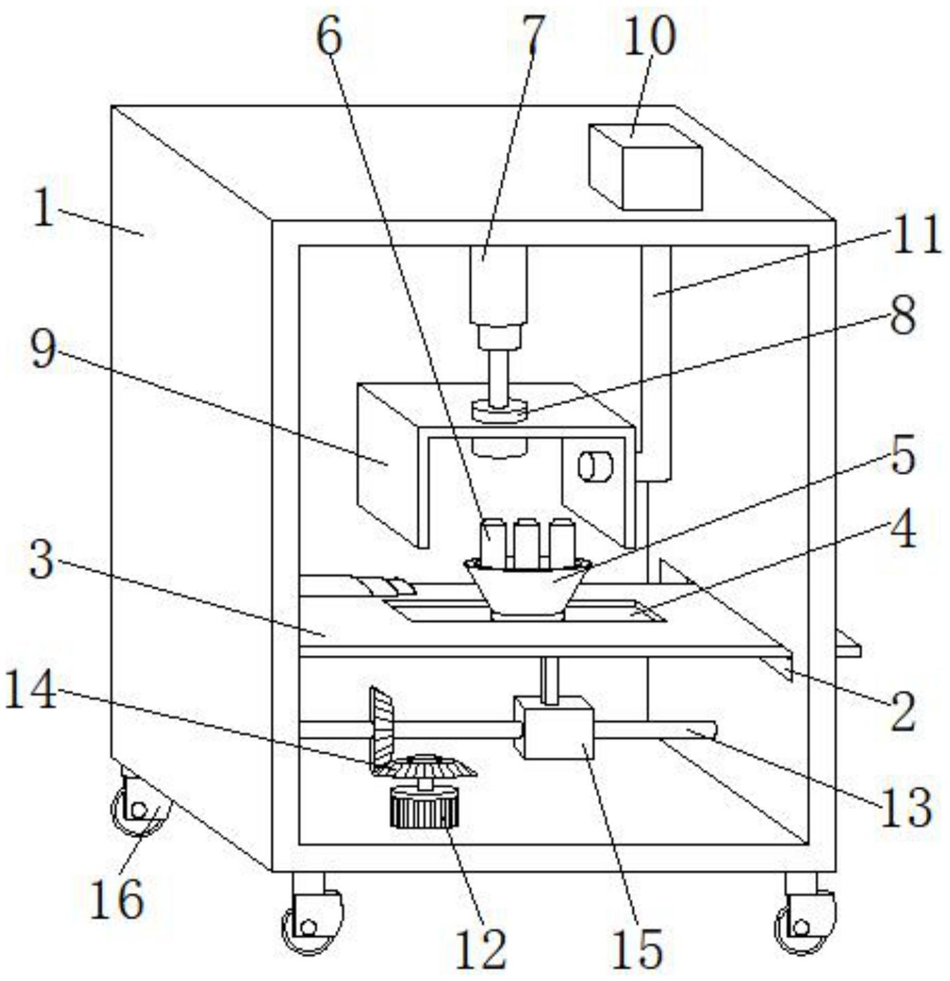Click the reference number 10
coord(649,36)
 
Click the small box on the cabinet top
coord(646,167)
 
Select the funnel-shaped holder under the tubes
coord(527,590)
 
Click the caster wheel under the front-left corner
coord(312,918)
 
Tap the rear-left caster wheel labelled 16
coord(140,807)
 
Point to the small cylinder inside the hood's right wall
coord(595,466)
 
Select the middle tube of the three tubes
coord(527,544)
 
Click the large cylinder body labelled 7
coord(499,285)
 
